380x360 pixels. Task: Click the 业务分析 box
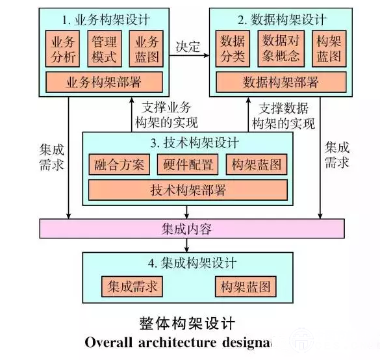coord(62,49)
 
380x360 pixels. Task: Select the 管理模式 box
coord(105,49)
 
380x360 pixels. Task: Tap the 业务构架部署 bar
coord(104,82)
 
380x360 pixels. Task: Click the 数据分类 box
coord(233,49)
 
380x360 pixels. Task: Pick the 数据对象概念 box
coord(281,49)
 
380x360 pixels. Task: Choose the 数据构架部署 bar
coord(281,82)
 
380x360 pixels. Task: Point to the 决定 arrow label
coord(188,47)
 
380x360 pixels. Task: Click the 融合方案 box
coord(120,164)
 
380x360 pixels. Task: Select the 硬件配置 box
coord(188,164)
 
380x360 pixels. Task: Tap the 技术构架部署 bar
coord(188,190)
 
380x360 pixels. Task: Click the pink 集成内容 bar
coord(192,229)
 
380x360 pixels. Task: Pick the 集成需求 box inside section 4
coord(132,287)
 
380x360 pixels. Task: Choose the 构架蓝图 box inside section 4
coord(246,287)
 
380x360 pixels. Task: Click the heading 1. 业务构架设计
coord(106,20)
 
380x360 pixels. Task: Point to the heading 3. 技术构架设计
coord(195,142)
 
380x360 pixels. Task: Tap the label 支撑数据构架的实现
coord(283,116)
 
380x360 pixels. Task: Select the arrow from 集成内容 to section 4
coord(186,246)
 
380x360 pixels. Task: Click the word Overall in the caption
coord(108,342)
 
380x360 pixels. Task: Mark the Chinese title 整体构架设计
coord(187,324)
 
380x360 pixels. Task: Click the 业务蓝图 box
coord(146,49)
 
